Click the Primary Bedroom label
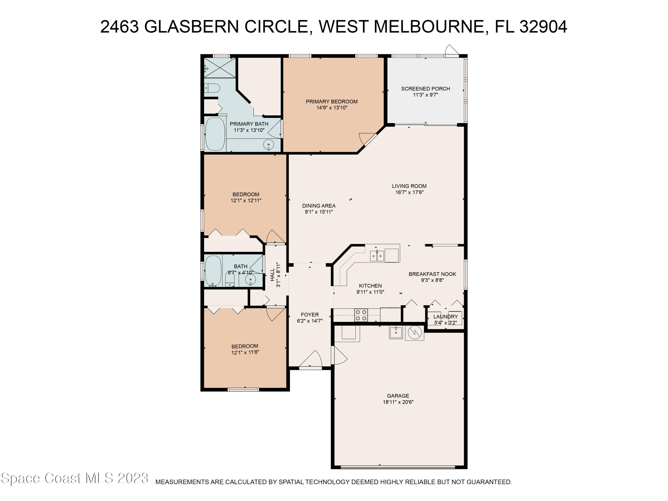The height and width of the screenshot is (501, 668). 332,102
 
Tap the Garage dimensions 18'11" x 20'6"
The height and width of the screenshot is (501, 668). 398,402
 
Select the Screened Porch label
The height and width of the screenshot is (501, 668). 425,88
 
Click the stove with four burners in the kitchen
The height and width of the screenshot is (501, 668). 361,315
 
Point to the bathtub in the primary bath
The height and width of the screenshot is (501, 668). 215,134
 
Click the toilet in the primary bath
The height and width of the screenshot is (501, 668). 212,88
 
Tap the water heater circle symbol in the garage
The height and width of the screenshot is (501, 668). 414,332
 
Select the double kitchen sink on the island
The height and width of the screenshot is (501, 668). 377,256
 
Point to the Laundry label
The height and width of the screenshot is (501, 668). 445,316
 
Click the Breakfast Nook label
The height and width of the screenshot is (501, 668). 432,274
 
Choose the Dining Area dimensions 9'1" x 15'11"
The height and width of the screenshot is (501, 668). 319,212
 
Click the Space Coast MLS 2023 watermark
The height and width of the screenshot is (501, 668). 75,478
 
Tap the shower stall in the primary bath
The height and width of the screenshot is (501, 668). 220,68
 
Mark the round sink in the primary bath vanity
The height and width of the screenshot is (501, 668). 269,145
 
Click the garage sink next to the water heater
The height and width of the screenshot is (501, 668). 396,332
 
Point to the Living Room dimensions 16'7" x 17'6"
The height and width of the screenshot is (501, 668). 409,192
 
